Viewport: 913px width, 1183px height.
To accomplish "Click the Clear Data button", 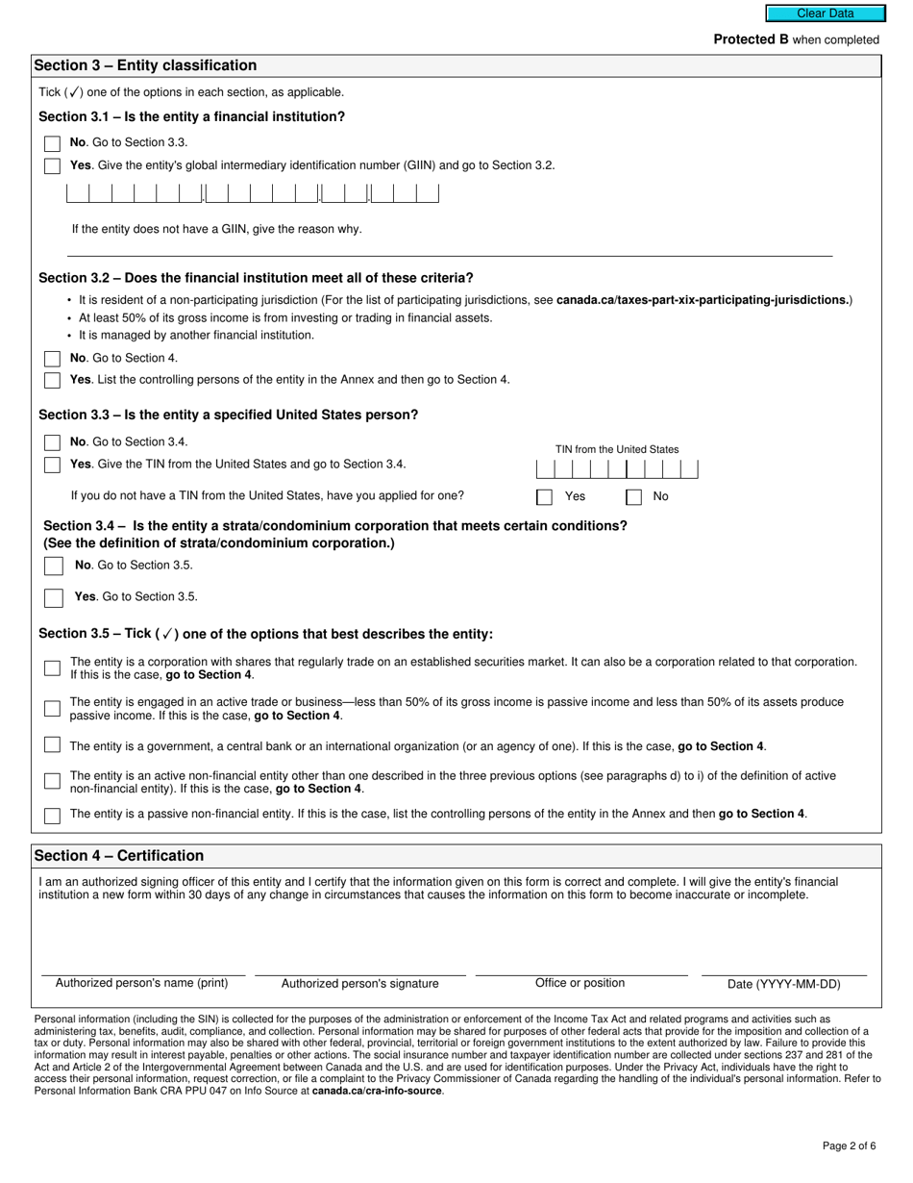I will (825, 13).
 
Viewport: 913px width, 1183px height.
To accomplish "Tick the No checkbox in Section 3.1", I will (52, 143).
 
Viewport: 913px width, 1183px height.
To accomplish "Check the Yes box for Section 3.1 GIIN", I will (52, 166).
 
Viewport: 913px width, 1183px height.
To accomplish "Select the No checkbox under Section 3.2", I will (52, 359).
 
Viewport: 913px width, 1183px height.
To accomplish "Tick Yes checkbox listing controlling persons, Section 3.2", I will (52, 381).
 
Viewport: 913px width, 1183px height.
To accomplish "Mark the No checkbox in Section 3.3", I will (52, 442).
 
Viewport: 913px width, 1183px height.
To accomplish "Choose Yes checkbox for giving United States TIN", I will (52, 466).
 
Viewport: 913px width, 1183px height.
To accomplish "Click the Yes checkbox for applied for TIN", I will (545, 497).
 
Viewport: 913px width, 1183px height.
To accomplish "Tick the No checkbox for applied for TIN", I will (634, 497).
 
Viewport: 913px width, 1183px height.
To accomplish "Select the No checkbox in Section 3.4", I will (53, 566).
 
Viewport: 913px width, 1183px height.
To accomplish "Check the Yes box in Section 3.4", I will (53, 597).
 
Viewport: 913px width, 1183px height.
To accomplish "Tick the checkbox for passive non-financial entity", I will (52, 816).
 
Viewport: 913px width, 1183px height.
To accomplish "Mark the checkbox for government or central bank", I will (52, 745).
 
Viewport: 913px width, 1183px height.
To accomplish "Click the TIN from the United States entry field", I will (616, 469).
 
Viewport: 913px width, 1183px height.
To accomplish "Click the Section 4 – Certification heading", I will (119, 856).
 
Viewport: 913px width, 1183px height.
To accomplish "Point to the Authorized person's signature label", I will (359, 984).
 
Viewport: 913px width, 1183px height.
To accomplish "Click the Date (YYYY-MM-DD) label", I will (783, 984).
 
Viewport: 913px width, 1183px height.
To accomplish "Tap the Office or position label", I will (580, 983).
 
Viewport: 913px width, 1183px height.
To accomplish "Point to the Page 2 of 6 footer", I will (849, 1145).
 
